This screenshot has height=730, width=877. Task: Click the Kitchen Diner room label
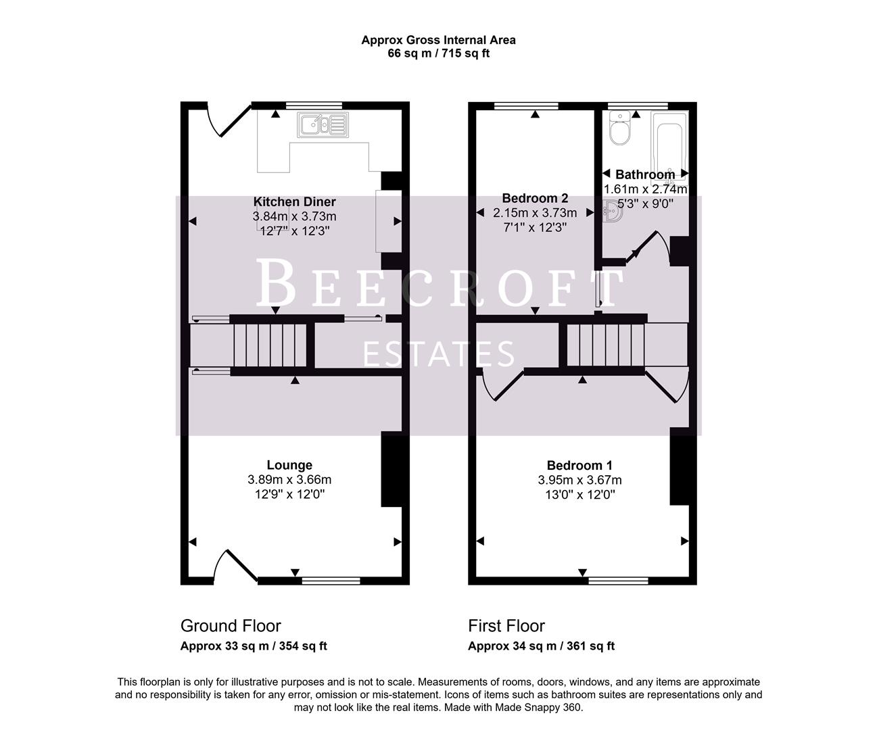(294, 201)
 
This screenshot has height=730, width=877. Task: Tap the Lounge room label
(289, 465)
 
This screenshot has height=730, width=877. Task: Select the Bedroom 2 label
(535, 198)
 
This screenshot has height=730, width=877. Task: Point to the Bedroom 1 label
(579, 465)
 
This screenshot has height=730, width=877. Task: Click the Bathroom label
(644, 174)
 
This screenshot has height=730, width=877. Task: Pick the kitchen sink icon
(322, 124)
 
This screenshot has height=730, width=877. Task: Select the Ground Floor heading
(231, 626)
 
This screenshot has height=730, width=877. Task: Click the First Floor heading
(506, 626)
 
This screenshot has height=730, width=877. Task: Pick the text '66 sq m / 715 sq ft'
(438, 53)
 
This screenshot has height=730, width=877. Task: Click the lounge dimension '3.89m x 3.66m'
(289, 480)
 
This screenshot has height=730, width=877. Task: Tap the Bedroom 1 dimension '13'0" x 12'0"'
(579, 495)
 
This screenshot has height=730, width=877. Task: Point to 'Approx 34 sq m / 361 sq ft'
(541, 646)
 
